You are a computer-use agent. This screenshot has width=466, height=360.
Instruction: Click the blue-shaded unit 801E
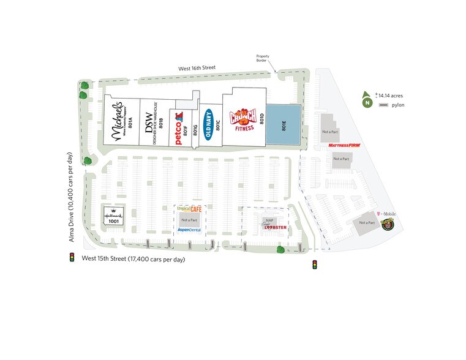click(x=283, y=126)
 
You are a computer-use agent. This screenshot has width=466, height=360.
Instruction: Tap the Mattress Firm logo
click(x=344, y=146)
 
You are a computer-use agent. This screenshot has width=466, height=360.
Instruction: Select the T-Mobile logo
click(x=386, y=214)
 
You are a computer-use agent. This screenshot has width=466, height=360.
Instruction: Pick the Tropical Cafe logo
click(x=189, y=209)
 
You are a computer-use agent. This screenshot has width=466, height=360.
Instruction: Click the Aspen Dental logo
click(x=189, y=230)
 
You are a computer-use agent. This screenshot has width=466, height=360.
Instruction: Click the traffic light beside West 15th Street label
click(x=72, y=258)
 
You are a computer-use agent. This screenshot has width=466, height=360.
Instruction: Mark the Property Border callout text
click(x=263, y=58)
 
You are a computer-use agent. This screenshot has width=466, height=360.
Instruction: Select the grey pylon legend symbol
click(x=383, y=106)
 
